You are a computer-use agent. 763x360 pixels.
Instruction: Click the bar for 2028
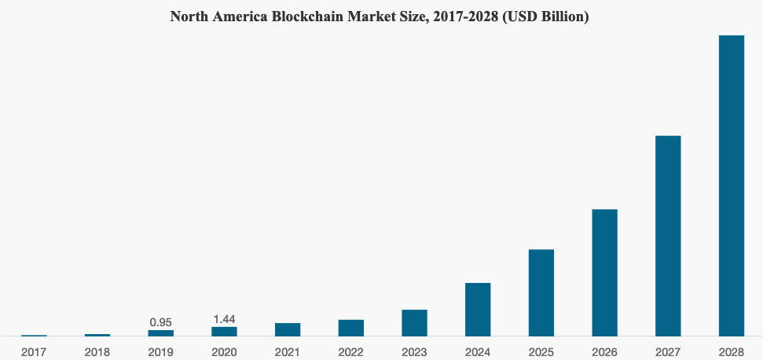tap(731, 186)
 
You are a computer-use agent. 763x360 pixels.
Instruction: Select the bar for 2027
tap(668, 236)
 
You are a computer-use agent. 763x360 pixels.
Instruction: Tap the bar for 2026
tap(604, 273)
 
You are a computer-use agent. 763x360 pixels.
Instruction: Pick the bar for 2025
tap(541, 292)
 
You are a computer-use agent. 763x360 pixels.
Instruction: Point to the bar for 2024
tap(478, 309)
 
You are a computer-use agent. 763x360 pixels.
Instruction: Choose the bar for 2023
tap(414, 322)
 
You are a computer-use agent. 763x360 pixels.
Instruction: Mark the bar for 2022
tap(351, 328)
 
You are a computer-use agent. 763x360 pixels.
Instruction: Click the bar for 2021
tap(288, 329)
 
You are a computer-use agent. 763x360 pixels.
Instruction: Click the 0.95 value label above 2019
tap(160, 322)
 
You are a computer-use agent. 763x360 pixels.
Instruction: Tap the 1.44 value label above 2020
tap(224, 319)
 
